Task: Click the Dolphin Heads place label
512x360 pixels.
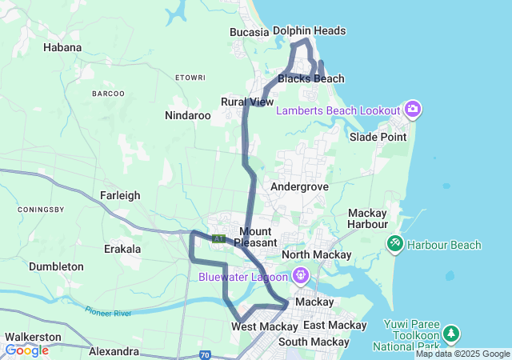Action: pyautogui.click(x=309, y=30)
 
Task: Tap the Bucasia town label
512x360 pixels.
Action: pyautogui.click(x=249, y=32)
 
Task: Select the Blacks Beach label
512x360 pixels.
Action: pyautogui.click(x=311, y=78)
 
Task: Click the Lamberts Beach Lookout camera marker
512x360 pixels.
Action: pyautogui.click(x=413, y=109)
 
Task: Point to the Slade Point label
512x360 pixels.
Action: pyautogui.click(x=378, y=137)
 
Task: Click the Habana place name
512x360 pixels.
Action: pyautogui.click(x=62, y=47)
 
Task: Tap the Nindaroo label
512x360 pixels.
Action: pyautogui.click(x=187, y=115)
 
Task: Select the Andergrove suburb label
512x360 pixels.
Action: pyautogui.click(x=299, y=186)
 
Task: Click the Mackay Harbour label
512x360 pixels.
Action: pyautogui.click(x=368, y=218)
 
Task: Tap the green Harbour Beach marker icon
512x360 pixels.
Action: pyautogui.click(x=394, y=242)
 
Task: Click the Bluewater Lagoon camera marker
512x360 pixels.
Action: pyautogui.click(x=300, y=277)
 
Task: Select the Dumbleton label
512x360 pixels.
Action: pyautogui.click(x=56, y=266)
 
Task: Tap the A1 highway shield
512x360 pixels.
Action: pyautogui.click(x=218, y=238)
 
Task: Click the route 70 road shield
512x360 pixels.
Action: pyautogui.click(x=206, y=354)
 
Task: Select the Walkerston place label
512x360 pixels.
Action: pyautogui.click(x=33, y=337)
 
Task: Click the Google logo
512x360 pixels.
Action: pyautogui.click(x=26, y=350)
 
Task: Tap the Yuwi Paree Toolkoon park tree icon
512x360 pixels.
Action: pyautogui.click(x=452, y=332)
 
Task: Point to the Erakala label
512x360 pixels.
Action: pyautogui.click(x=122, y=249)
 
